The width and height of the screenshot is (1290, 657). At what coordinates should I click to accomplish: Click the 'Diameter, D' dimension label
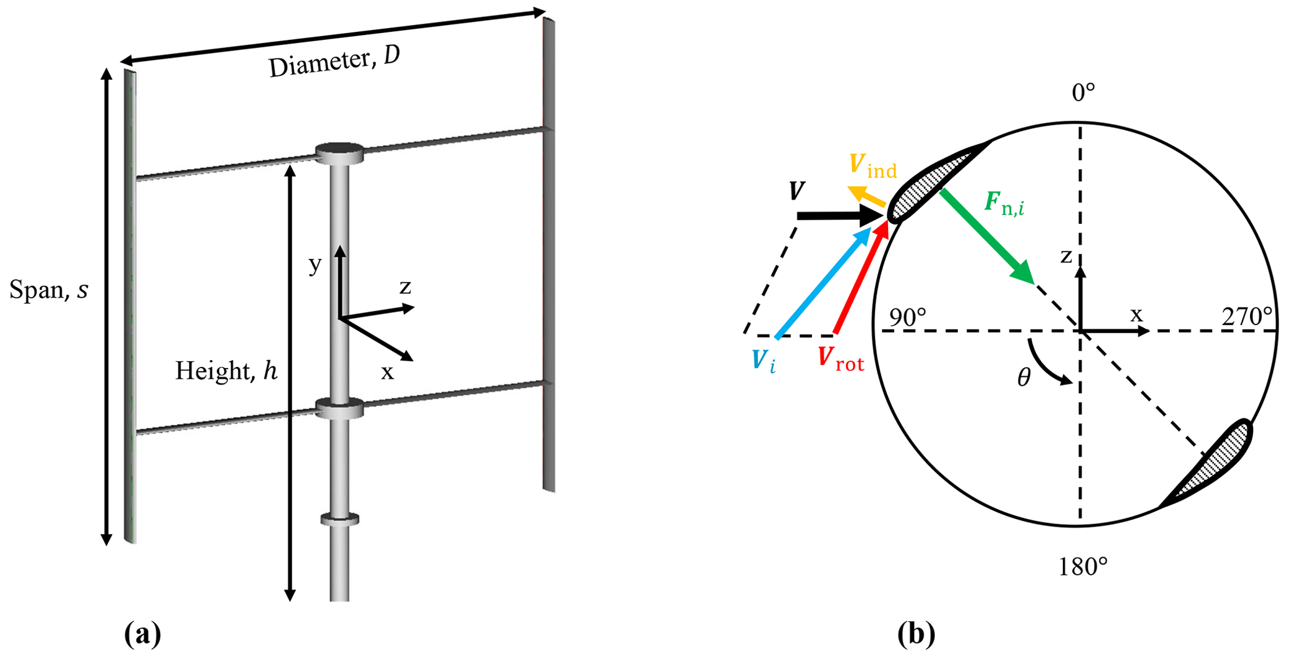point(334,62)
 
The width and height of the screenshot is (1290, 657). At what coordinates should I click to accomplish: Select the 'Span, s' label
point(49,290)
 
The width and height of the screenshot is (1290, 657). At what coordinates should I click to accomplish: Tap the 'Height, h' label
point(226,371)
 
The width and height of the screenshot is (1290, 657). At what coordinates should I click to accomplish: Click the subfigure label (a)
point(143,635)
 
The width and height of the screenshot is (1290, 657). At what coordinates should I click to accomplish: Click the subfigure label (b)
point(916,635)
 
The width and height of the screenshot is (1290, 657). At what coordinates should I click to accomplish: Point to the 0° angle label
point(1083,93)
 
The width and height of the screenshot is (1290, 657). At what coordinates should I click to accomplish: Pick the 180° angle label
point(1083,567)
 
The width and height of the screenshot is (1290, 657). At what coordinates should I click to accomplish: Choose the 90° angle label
point(907,317)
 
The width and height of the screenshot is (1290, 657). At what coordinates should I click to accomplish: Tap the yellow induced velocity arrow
point(867,196)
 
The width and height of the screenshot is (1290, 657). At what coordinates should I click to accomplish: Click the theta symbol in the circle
point(1024,377)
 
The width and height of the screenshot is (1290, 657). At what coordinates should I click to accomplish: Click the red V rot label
point(841,359)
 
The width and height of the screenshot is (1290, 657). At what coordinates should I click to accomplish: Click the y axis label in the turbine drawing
point(315,265)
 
